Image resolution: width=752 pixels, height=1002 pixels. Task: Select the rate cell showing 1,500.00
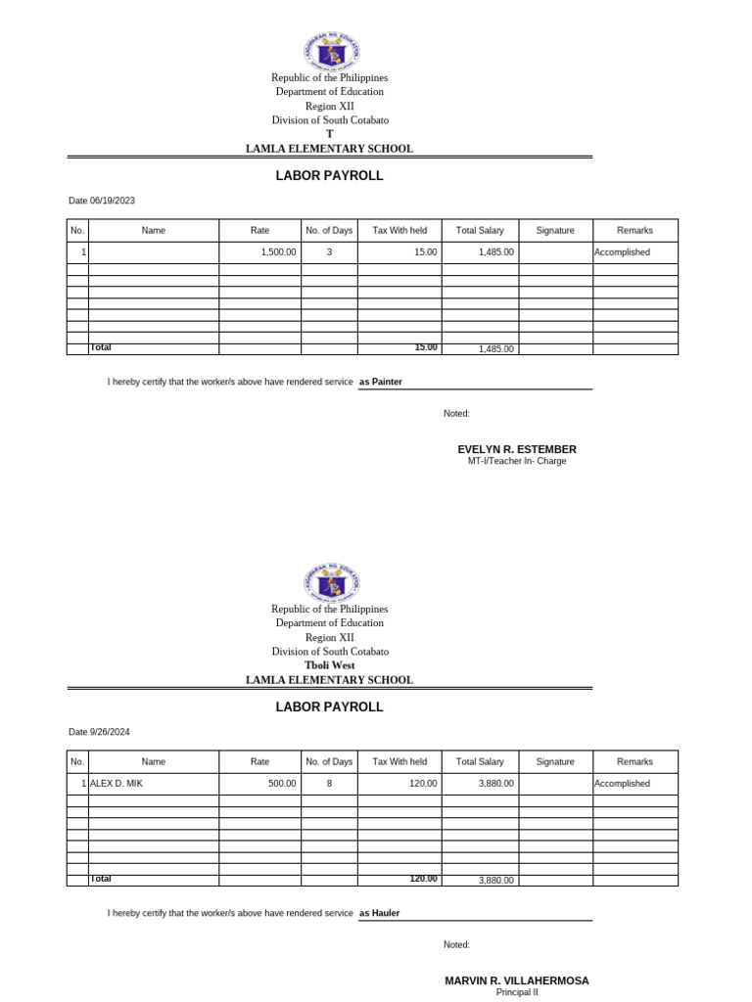278,252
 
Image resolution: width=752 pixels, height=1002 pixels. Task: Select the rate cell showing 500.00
282,784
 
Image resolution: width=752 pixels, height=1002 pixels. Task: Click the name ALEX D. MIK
117,784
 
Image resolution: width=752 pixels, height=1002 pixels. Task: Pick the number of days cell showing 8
329,784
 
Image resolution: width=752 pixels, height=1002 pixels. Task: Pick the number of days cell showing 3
329,252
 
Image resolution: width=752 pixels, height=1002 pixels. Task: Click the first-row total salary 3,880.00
495,784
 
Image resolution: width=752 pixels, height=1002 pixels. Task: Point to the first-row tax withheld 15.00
426,252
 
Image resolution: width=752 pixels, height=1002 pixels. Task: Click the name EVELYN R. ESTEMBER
517,449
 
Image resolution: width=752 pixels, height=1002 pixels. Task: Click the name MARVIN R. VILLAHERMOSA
517,980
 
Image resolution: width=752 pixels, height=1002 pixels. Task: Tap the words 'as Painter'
381,382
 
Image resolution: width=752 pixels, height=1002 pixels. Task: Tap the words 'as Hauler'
380,913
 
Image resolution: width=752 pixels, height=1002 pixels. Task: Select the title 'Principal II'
517,992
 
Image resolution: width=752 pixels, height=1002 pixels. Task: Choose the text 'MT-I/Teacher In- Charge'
517,461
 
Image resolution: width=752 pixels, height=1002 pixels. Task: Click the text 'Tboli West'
329,665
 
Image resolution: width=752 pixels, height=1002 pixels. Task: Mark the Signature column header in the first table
555,231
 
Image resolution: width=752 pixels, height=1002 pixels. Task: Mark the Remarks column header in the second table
634,762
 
